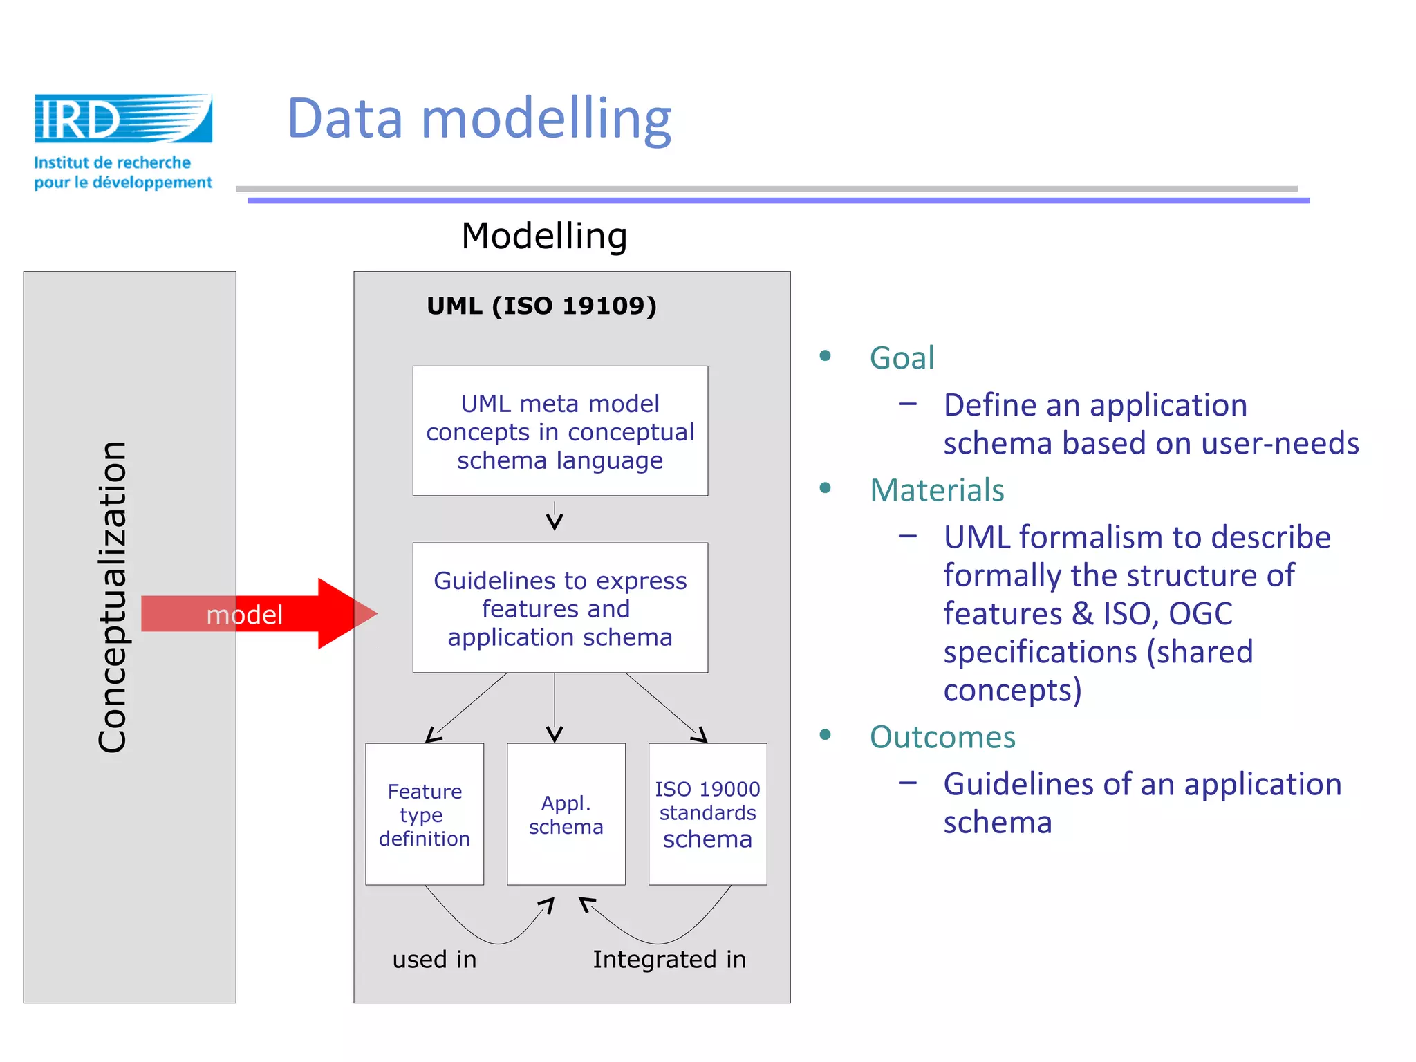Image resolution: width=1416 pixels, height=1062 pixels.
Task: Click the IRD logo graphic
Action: (123, 118)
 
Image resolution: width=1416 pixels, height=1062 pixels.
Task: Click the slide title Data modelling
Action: (478, 118)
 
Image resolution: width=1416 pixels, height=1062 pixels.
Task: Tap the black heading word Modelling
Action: (544, 236)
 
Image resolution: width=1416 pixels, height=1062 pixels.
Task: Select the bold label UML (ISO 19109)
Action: (541, 306)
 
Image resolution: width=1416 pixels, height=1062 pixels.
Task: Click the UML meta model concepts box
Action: (560, 431)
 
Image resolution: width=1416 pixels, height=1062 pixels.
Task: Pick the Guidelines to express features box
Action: (560, 608)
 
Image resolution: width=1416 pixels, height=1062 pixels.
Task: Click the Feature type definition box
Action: (425, 814)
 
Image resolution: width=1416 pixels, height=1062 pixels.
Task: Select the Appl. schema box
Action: (566, 814)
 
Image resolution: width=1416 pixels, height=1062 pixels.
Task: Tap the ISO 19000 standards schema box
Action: (707, 814)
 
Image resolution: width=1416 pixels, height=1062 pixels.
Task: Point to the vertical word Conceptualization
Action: (113, 596)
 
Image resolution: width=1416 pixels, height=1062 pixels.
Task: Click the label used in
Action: (434, 960)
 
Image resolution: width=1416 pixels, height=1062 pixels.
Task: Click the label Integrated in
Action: (669, 960)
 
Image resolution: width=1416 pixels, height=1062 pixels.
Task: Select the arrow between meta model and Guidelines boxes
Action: (555, 517)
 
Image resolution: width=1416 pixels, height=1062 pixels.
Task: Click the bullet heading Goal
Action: (902, 358)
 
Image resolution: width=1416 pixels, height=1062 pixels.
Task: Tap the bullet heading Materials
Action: (936, 490)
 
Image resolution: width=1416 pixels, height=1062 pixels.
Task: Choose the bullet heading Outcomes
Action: (942, 737)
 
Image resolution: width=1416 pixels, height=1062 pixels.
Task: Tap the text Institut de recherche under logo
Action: (113, 162)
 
